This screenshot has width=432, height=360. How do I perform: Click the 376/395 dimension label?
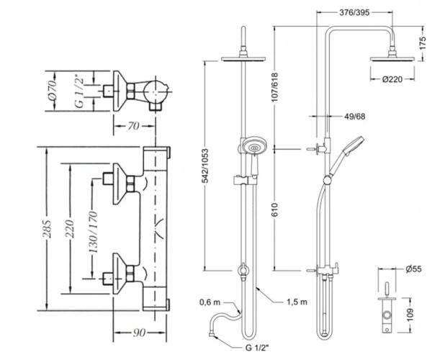[354, 12]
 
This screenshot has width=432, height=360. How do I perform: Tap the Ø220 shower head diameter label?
[392, 79]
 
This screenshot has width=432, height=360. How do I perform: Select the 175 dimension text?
[423, 43]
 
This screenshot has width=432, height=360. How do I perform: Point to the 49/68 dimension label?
[355, 117]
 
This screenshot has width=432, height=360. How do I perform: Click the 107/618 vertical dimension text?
[275, 87]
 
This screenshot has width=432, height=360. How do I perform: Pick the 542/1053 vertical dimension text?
[205, 166]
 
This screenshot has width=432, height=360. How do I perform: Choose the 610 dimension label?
[275, 210]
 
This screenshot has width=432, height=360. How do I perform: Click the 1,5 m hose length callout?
[297, 302]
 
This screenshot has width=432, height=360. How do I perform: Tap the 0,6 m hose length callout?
[210, 302]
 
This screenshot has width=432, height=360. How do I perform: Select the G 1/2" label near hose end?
[257, 348]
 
